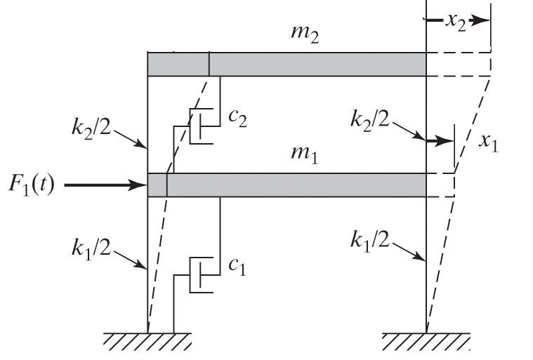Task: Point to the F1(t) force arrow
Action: (x=105, y=186)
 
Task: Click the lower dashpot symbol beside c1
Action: (x=200, y=273)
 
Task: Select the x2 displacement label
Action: (x=456, y=20)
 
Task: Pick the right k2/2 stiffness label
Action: (x=370, y=119)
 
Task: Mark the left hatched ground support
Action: (x=147, y=340)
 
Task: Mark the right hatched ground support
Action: (x=425, y=340)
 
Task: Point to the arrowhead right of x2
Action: (x=480, y=20)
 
